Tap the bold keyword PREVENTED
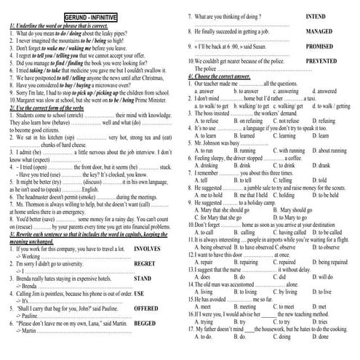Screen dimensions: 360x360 pos(326,63)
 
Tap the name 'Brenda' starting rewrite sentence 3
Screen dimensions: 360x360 pos(26,300)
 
